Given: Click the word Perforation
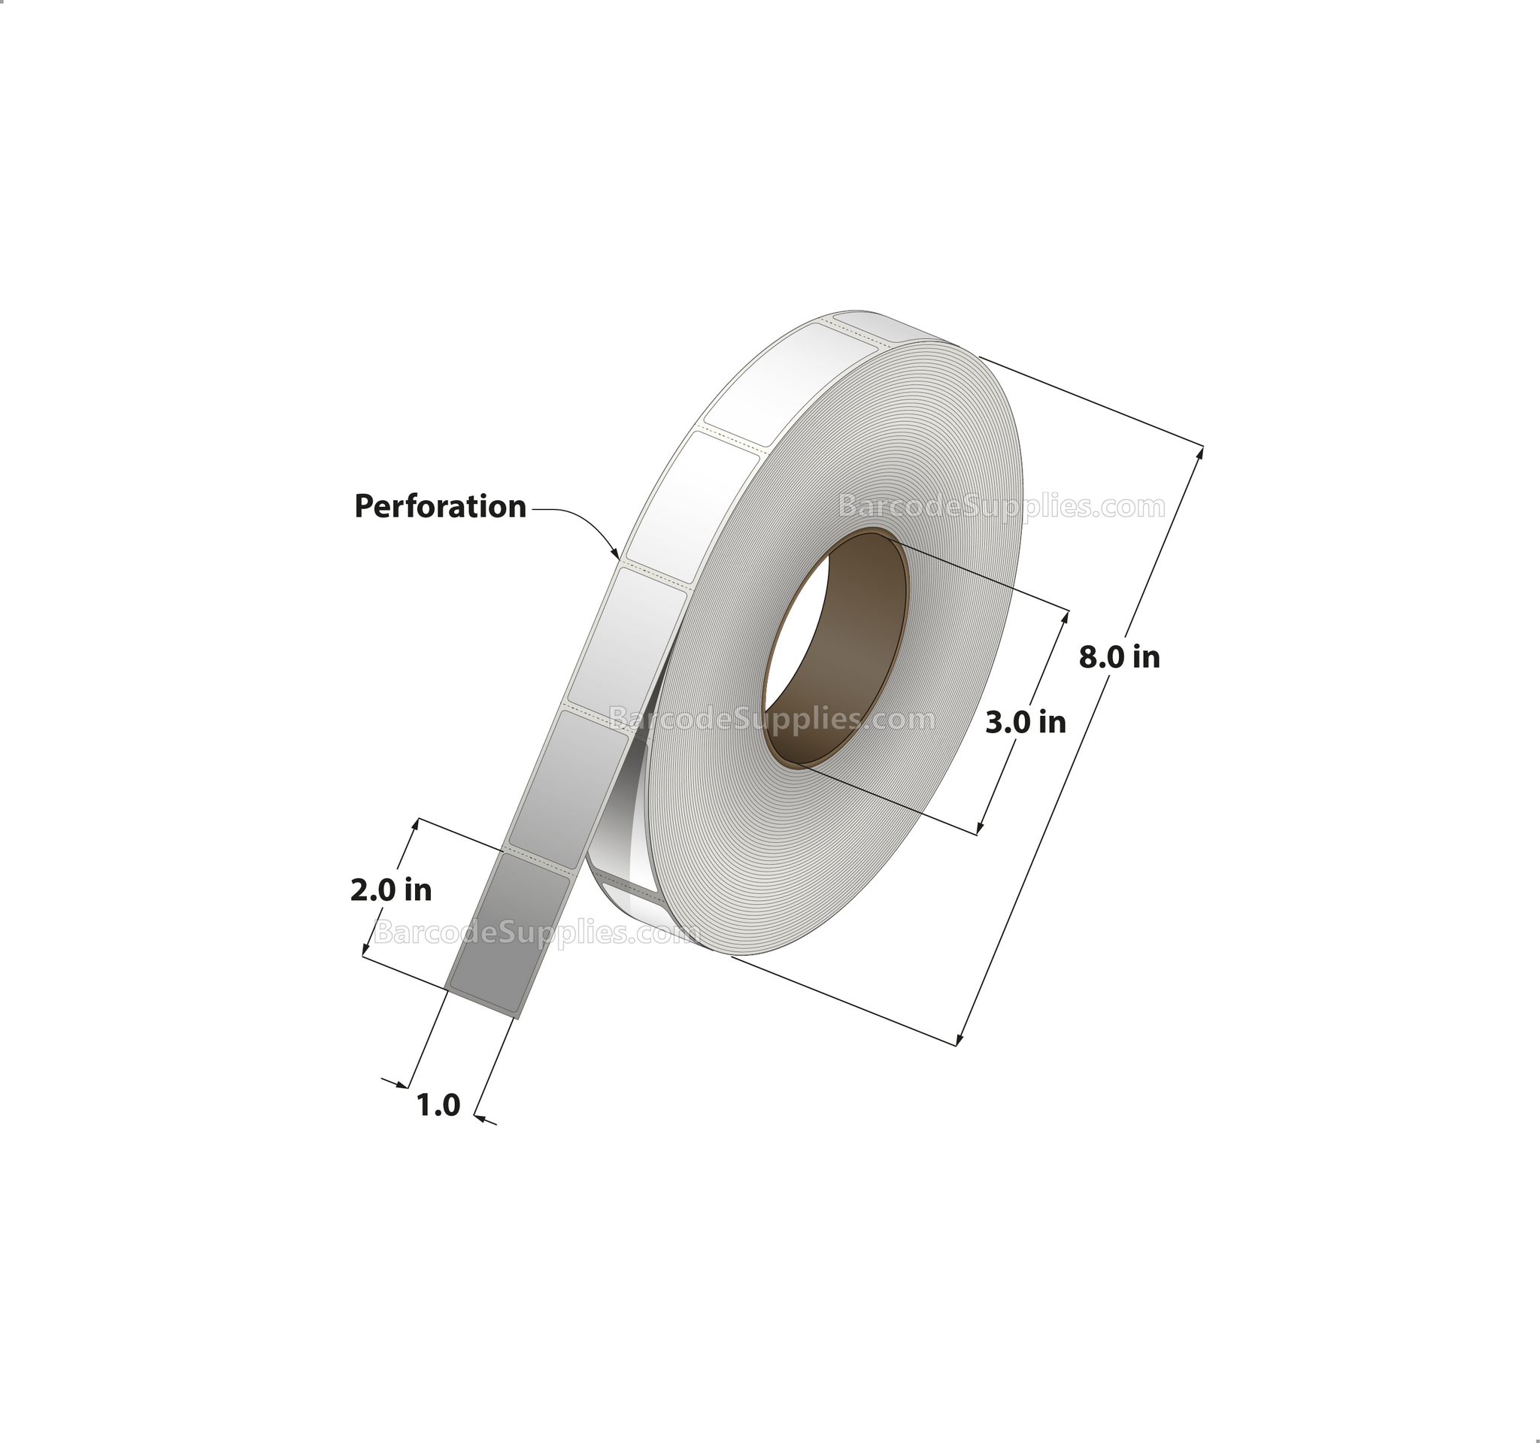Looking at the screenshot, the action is pyautogui.click(x=440, y=507).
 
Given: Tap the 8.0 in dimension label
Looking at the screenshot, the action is pyautogui.click(x=1120, y=658).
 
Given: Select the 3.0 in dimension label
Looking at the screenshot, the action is pyautogui.click(x=1026, y=723).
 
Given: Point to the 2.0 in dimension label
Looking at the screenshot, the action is pyautogui.click(x=390, y=891).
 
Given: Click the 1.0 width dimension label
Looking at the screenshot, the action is pyautogui.click(x=438, y=1105).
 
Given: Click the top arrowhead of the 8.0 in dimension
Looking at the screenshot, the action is pyautogui.click(x=1200, y=453).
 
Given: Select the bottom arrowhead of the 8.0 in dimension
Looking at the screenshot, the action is pyautogui.click(x=960, y=1038).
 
